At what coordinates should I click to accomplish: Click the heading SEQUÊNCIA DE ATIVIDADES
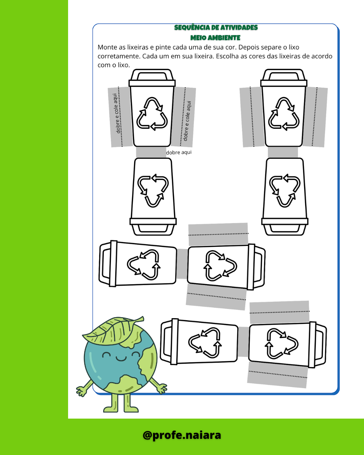[x=216, y=28]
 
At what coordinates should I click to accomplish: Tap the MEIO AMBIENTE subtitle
[x=215, y=38]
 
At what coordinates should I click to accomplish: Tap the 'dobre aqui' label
[x=179, y=152]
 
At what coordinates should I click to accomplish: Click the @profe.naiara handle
[x=182, y=435]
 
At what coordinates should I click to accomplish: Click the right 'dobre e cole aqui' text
[x=187, y=121]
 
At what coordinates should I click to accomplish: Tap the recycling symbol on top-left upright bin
[x=152, y=114]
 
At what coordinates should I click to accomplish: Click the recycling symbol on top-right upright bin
[x=284, y=114]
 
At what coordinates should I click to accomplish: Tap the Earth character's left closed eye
[x=106, y=354]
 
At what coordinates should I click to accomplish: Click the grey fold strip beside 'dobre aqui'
[x=151, y=152]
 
